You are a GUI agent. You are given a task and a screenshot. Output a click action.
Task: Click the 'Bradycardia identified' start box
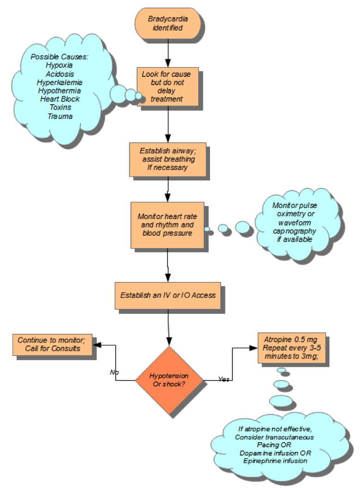pyautogui.click(x=168, y=24)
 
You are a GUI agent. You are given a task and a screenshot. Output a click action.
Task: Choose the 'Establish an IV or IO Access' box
pyautogui.click(x=168, y=295)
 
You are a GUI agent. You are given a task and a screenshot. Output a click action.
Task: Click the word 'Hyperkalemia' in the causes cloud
pyautogui.click(x=60, y=82)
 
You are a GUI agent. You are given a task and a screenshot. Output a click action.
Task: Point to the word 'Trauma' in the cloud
pyautogui.click(x=60, y=116)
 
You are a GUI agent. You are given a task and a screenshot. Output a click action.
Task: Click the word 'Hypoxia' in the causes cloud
pyautogui.click(x=60, y=65)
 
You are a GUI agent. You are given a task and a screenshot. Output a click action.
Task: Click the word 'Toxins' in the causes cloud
pyautogui.click(x=60, y=107)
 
